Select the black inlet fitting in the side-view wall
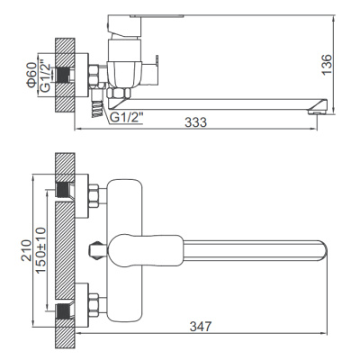pos(64,75)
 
